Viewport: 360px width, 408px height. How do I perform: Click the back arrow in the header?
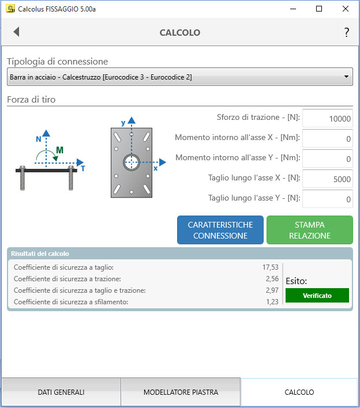coord(16,32)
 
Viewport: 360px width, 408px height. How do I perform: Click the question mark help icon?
coord(347,32)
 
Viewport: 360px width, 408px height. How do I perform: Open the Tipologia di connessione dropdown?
coord(179,77)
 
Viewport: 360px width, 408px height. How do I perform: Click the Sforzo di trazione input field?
coord(327,119)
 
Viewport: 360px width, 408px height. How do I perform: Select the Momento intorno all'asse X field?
coord(327,139)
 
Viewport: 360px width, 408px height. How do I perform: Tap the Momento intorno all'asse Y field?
coord(327,159)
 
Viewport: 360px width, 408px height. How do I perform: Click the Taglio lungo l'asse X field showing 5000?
coord(327,179)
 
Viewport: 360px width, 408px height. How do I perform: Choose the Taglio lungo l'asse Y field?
coord(327,199)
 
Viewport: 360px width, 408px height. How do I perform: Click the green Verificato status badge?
coord(317,295)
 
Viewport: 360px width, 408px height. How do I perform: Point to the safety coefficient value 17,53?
coord(270,267)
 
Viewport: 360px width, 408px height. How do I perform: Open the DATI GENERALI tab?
coord(61,392)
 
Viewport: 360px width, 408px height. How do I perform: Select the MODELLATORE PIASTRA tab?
coord(181,392)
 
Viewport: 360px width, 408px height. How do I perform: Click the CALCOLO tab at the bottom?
coord(299,392)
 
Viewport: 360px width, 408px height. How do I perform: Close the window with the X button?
coord(346,9)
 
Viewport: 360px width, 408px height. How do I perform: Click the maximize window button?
coord(319,9)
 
